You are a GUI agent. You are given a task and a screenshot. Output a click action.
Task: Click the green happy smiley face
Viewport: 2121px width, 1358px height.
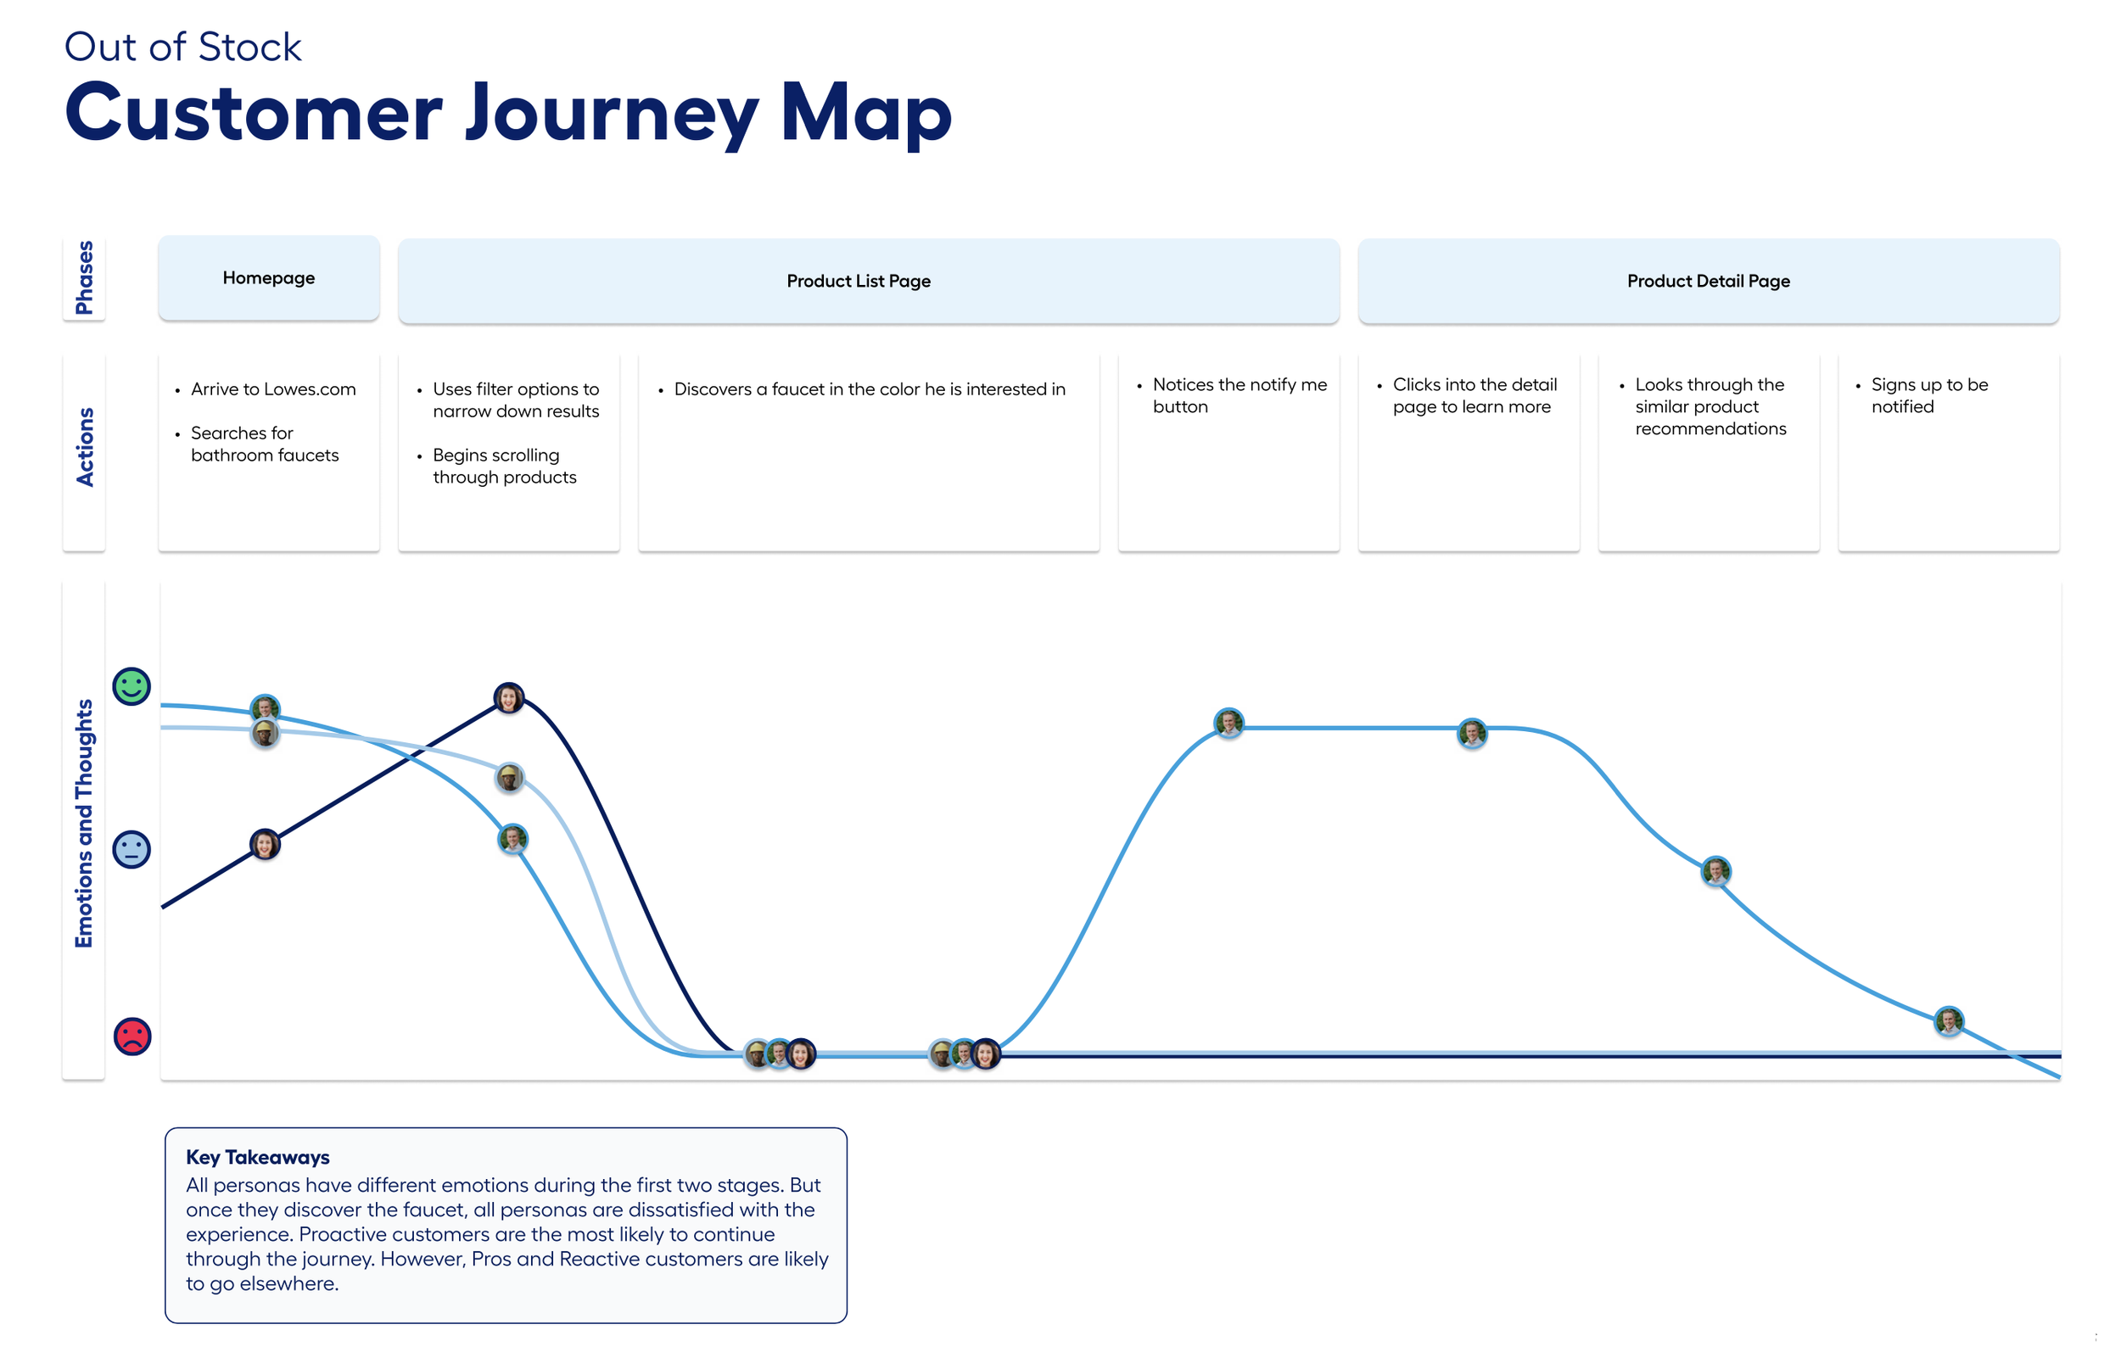point(132,686)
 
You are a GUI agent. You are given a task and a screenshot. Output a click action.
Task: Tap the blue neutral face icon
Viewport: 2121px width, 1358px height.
point(132,849)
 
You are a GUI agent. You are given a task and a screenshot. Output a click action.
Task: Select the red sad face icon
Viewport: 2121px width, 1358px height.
point(132,1037)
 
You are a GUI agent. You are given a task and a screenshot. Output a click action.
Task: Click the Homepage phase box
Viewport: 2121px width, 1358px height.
point(268,277)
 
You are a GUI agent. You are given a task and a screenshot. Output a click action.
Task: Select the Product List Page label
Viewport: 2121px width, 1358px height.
point(857,282)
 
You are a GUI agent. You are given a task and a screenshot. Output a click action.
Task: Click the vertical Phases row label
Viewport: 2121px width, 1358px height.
point(84,277)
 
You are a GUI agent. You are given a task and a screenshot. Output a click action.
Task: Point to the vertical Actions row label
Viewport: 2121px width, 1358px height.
point(84,447)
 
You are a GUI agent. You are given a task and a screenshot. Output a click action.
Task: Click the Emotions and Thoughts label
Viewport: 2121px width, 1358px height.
point(84,824)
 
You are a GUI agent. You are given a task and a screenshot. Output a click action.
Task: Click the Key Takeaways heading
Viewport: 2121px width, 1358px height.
point(258,1157)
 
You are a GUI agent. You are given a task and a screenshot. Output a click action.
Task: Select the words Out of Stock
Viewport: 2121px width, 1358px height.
point(182,47)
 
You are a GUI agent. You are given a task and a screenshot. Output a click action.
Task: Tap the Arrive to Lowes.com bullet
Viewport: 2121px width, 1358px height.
point(272,388)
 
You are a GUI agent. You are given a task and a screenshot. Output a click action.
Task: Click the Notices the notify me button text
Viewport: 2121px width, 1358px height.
point(1238,395)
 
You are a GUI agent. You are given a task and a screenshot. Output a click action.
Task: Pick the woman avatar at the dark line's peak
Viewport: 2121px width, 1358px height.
point(508,697)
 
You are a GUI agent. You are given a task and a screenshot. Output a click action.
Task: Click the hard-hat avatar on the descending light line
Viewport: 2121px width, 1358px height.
point(509,778)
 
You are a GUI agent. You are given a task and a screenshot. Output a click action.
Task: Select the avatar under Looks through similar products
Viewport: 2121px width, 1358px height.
point(1715,871)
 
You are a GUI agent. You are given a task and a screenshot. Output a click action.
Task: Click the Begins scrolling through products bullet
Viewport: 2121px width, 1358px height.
point(504,466)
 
